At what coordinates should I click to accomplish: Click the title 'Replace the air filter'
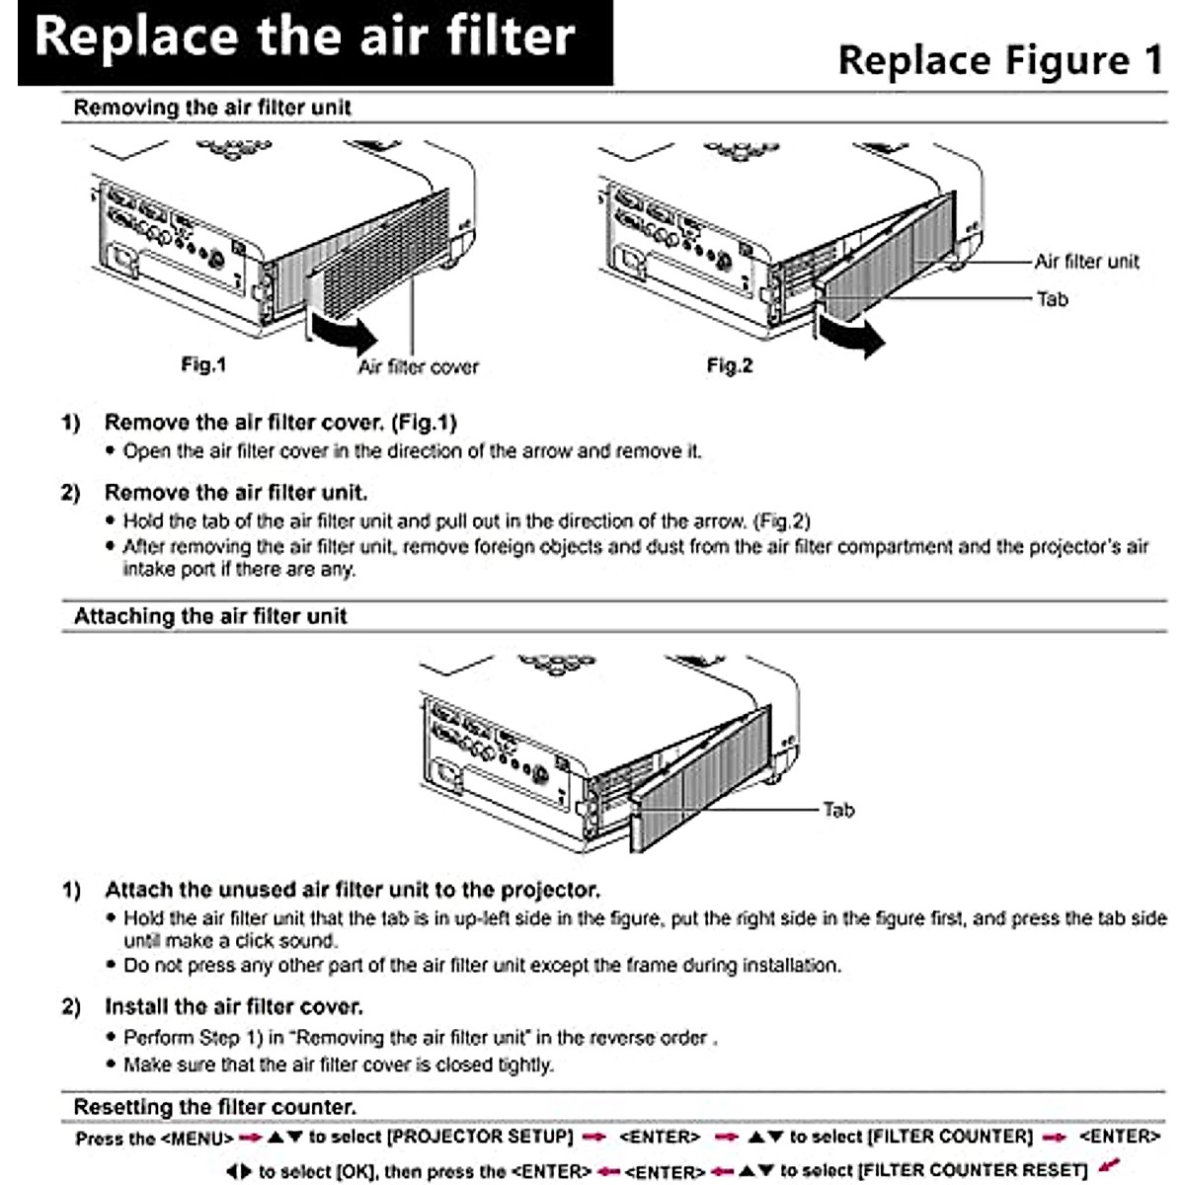click(304, 38)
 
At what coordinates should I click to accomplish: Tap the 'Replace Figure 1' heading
click(999, 61)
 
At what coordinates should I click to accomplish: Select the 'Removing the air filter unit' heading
click(212, 108)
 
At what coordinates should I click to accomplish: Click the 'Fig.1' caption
click(203, 365)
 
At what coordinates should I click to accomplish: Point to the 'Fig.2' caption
click(730, 366)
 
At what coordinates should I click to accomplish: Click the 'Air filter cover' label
click(418, 367)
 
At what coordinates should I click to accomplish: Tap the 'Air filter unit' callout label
click(1086, 262)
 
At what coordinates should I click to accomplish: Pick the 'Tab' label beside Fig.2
click(1053, 299)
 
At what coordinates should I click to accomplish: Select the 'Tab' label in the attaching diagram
click(838, 811)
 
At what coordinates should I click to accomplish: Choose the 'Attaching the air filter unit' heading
click(210, 617)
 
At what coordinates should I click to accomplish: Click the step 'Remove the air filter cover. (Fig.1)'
click(280, 423)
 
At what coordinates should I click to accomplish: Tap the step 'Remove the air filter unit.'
click(236, 493)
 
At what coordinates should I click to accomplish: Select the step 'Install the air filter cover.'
click(234, 1007)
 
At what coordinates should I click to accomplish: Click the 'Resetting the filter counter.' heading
click(215, 1108)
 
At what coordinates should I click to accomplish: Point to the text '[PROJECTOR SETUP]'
click(481, 1138)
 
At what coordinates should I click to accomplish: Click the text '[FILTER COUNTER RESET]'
click(973, 1171)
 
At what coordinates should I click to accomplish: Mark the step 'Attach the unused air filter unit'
click(352, 890)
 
